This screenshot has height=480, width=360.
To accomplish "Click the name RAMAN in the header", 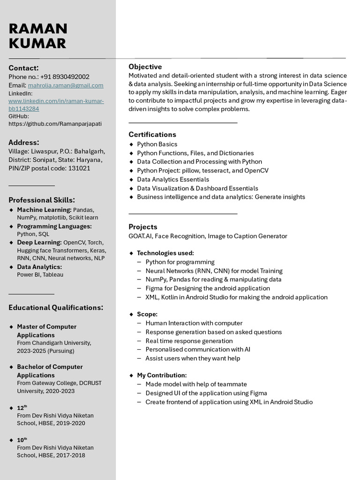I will click(x=38, y=29).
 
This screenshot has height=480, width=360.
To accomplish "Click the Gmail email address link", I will click(x=66, y=85).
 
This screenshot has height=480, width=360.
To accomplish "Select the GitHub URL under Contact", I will click(x=55, y=124).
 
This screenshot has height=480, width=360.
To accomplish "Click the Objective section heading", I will click(x=145, y=67).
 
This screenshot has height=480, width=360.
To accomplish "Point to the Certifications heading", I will click(x=152, y=135).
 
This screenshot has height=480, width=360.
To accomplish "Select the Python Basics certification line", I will click(x=157, y=144).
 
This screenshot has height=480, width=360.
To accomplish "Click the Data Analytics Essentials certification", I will click(x=173, y=180).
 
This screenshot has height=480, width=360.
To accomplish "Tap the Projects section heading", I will click(x=143, y=227).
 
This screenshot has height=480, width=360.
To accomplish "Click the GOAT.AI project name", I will click(x=140, y=236).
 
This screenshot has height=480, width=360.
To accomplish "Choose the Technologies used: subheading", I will click(x=165, y=253).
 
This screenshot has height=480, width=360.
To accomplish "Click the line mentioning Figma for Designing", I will click(x=208, y=288).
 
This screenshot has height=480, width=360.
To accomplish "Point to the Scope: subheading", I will click(x=147, y=314).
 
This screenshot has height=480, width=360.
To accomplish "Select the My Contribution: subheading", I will click(x=162, y=375).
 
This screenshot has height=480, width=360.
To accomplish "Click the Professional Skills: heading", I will click(x=42, y=200).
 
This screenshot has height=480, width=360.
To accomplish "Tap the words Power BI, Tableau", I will click(x=40, y=275).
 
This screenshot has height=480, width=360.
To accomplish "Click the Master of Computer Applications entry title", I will click(x=46, y=331).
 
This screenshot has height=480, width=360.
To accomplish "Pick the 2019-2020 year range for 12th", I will click(x=71, y=423).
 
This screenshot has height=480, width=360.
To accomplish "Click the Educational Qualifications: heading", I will click(x=56, y=308).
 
